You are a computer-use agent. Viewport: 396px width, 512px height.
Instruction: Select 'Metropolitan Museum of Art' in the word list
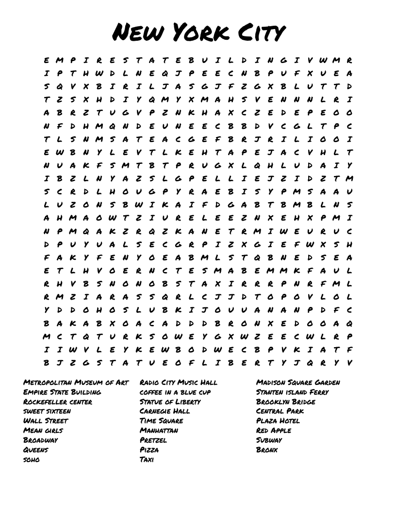(76, 383)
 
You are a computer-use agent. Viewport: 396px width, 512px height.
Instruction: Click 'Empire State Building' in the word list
(62, 392)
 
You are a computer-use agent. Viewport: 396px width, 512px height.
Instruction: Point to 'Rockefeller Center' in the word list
(58, 402)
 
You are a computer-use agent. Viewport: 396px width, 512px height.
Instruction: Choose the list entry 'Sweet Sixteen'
(47, 411)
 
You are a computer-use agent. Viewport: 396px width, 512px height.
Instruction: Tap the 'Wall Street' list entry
(46, 421)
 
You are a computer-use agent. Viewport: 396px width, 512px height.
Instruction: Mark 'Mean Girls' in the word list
(43, 431)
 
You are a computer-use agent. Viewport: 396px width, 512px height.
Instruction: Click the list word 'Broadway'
(40, 440)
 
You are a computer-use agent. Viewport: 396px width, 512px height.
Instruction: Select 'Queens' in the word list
(36, 450)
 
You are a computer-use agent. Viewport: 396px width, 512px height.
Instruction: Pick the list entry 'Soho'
(32, 460)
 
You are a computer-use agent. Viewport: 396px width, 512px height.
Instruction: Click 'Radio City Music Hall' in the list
(179, 383)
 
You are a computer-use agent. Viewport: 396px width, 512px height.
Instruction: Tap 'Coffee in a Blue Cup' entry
(175, 392)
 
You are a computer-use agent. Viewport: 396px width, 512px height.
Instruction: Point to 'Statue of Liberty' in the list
(170, 402)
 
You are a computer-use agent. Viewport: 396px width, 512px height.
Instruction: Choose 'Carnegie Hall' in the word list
(165, 411)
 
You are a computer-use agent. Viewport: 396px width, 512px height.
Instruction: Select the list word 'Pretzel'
(153, 440)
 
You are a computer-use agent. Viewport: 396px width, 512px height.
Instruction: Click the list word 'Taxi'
(147, 460)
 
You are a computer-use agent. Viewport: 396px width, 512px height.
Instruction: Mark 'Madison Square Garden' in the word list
(298, 383)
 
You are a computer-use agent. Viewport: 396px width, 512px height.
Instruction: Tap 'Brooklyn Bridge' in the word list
(286, 402)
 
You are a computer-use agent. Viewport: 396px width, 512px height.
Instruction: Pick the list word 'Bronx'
(267, 450)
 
